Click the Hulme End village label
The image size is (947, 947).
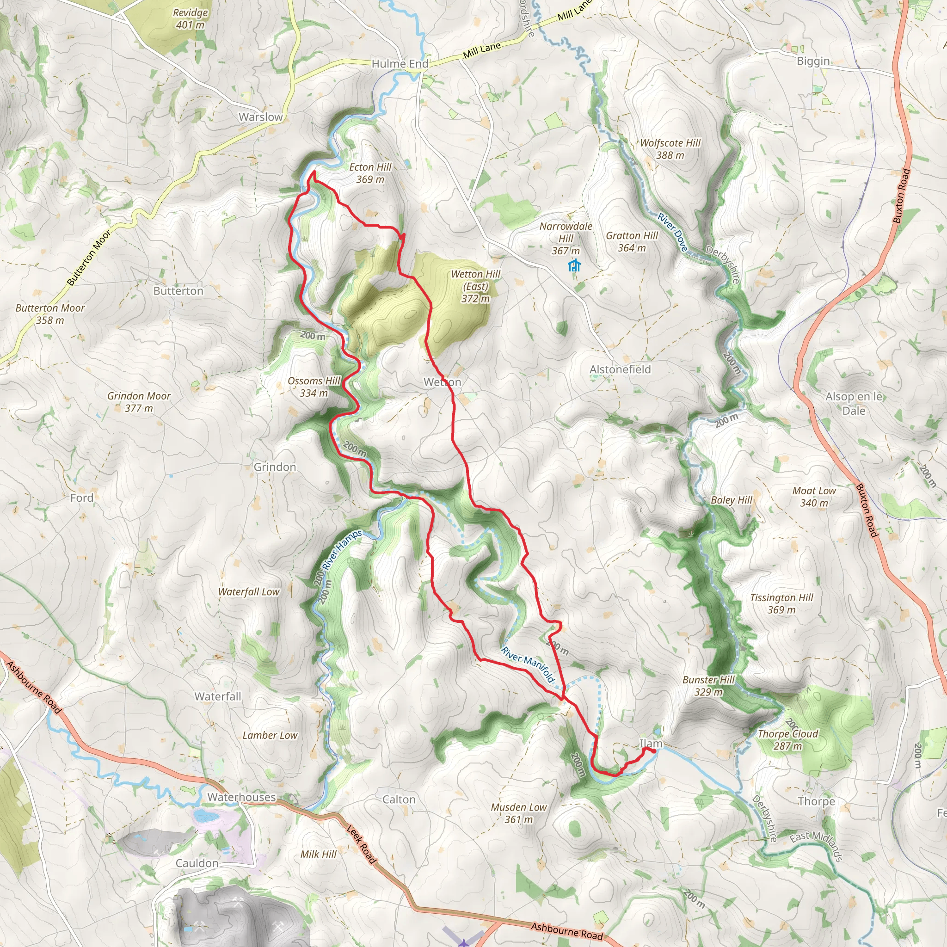(400, 64)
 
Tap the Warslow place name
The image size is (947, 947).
(260, 117)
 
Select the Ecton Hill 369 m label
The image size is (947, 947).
(370, 173)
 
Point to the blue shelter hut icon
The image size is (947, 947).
(574, 266)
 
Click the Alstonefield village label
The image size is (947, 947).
(620, 369)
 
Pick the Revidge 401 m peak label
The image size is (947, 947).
(190, 18)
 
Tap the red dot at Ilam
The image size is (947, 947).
(653, 750)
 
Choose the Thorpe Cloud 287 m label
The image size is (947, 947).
(787, 740)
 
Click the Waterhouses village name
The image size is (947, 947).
(242, 797)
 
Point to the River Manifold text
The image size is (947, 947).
(528, 664)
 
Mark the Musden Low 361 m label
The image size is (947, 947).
(519, 813)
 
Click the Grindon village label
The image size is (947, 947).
(275, 467)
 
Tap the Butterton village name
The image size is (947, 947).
(178, 291)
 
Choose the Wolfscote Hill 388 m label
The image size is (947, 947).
(670, 149)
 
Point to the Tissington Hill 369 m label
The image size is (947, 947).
(781, 603)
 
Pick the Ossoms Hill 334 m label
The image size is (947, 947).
(314, 387)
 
